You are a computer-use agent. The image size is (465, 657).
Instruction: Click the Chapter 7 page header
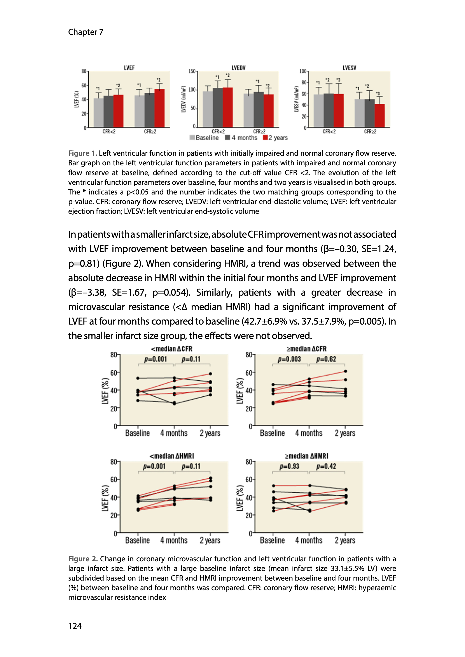(86, 32)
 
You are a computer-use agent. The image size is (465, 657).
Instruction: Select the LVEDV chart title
(238, 68)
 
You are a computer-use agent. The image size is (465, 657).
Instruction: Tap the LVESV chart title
(349, 68)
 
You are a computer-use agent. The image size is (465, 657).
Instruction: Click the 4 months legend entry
(241, 138)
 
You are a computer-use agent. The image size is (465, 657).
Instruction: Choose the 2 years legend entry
(275, 138)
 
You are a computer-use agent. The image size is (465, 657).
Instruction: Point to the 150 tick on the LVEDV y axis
(192, 71)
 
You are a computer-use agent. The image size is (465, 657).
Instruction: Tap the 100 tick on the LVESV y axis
(303, 71)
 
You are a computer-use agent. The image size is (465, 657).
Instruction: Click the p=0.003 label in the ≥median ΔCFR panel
(289, 359)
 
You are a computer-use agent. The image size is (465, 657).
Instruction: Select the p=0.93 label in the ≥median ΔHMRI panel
(289, 466)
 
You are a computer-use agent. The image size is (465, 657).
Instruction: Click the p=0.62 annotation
(326, 359)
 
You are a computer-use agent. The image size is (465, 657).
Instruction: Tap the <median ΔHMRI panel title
(172, 456)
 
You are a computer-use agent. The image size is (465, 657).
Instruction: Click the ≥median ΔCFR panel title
(306, 349)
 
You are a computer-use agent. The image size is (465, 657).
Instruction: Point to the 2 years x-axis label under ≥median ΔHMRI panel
(345, 540)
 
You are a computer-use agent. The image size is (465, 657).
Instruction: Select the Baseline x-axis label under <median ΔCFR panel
(137, 433)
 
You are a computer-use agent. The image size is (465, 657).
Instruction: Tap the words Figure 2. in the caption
(83, 559)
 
